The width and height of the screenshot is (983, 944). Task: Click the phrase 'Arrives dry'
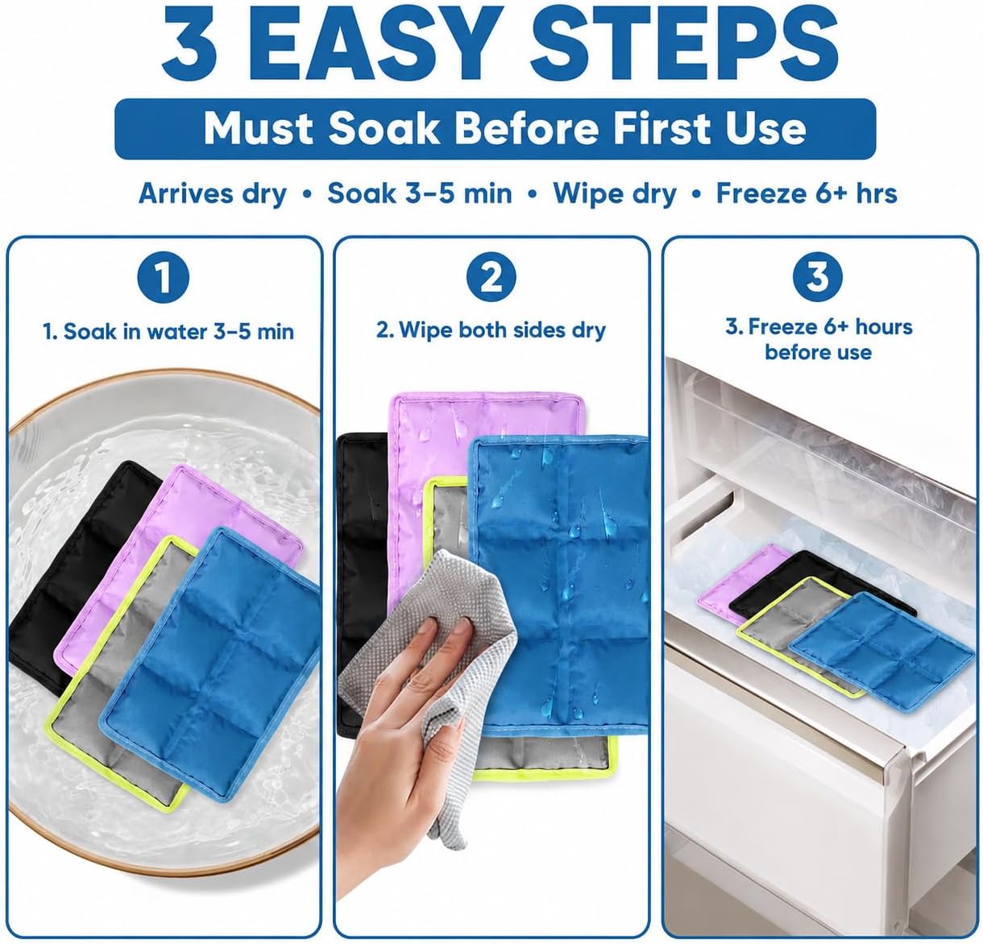click(212, 194)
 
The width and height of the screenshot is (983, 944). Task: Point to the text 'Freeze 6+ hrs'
click(807, 193)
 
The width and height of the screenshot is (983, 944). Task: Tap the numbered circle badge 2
click(491, 277)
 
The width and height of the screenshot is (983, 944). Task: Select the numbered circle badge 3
click(818, 277)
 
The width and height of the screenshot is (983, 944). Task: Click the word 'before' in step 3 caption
click(794, 352)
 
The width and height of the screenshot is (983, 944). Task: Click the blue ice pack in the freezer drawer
click(881, 652)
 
